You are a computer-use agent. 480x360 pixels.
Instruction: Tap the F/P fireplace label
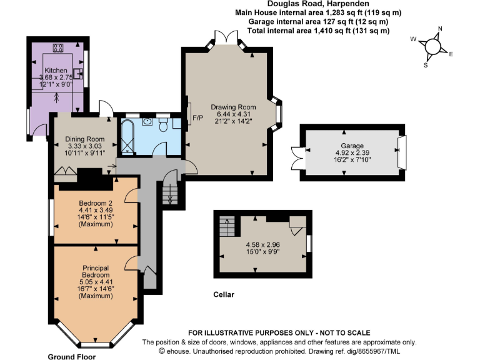coord(197,117)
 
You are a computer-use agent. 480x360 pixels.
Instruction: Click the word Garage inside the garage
coord(351,144)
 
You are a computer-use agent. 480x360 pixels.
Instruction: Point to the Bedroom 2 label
coord(95,203)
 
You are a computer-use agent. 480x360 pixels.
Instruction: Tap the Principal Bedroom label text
coord(96,271)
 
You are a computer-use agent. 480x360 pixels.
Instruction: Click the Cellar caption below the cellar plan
coord(224,294)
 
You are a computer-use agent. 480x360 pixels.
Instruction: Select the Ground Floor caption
coord(72,357)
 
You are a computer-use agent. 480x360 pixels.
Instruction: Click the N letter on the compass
coord(440,29)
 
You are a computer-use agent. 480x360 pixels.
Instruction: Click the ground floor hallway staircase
coord(170,192)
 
